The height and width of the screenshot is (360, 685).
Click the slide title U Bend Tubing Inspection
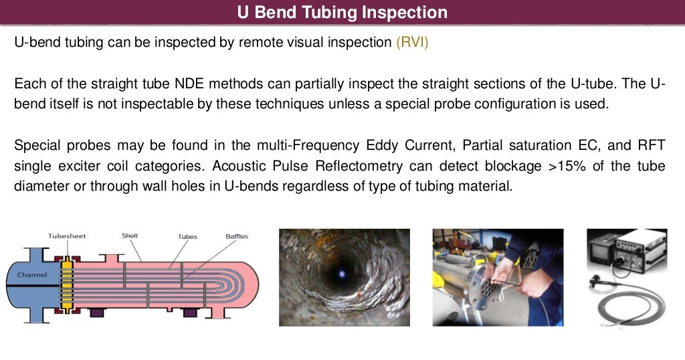pyautogui.click(x=342, y=13)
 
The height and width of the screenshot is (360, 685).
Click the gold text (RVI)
pyautogui.click(x=411, y=43)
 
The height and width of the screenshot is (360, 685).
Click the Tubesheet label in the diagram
pyautogui.click(x=67, y=236)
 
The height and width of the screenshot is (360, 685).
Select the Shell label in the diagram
pyautogui.click(x=130, y=236)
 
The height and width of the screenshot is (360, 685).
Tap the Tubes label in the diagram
pyautogui.click(x=187, y=237)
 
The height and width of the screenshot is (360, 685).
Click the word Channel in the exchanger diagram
pyautogui.click(x=32, y=275)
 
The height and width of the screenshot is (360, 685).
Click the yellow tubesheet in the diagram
pyautogui.click(x=66, y=284)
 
